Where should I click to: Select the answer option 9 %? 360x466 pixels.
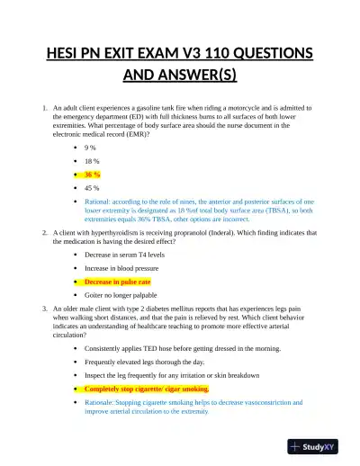(90, 147)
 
